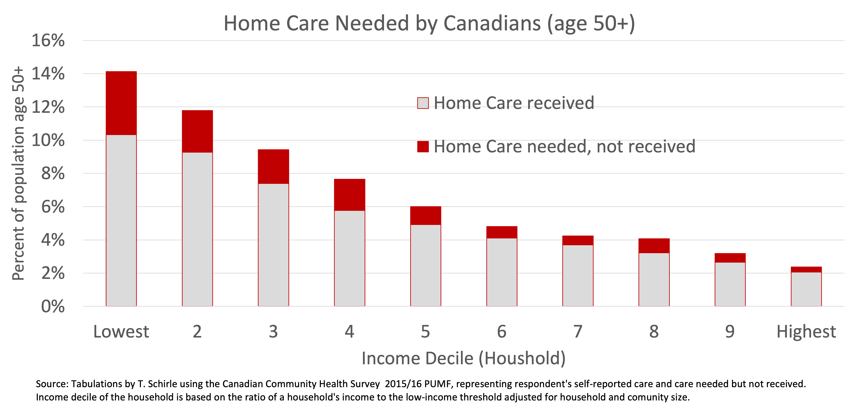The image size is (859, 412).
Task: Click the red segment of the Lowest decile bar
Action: click(x=121, y=103)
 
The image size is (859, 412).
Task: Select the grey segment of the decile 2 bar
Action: click(x=197, y=229)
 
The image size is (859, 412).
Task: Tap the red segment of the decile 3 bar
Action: click(x=273, y=167)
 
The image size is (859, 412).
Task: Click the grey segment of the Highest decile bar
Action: click(x=806, y=289)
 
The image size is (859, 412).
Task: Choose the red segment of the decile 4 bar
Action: click(x=349, y=195)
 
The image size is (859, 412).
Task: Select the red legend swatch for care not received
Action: click(x=423, y=146)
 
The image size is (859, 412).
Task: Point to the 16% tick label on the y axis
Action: click(x=48, y=41)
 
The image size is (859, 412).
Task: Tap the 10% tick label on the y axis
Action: click(x=48, y=140)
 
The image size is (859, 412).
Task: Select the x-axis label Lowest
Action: click(x=121, y=332)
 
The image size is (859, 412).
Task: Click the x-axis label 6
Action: click(x=501, y=332)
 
